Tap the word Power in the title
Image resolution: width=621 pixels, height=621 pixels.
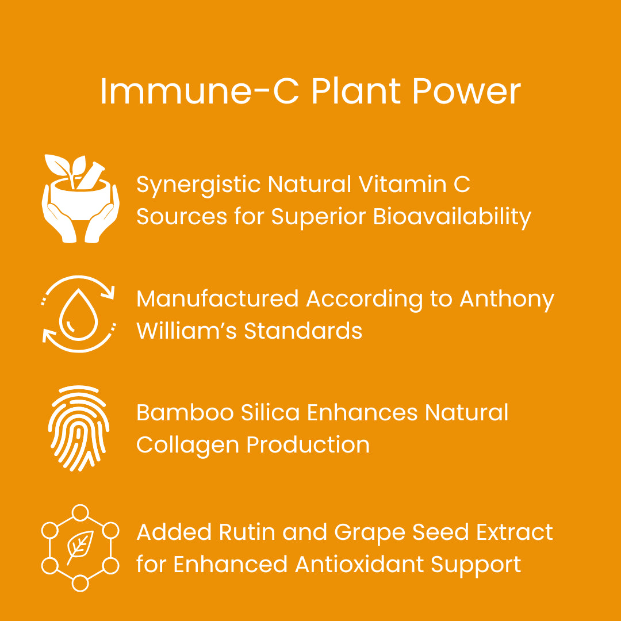click(466, 91)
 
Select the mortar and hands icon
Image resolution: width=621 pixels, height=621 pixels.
click(80, 198)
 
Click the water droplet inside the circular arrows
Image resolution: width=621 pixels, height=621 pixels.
click(78, 315)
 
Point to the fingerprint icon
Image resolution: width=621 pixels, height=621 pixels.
click(78, 428)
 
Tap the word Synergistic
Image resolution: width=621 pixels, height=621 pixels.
click(198, 185)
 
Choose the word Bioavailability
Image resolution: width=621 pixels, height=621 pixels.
click(452, 217)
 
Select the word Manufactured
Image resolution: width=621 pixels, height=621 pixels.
click(217, 298)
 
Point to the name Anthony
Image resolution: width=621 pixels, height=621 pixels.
click(507, 300)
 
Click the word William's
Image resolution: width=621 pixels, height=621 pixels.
click(186, 331)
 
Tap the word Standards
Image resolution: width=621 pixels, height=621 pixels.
click(303, 331)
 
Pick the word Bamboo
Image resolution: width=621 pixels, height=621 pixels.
click(185, 413)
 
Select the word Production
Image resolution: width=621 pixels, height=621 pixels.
click(308, 444)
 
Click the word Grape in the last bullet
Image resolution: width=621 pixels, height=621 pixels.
click(370, 533)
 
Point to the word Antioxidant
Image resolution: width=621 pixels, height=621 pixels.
click(359, 565)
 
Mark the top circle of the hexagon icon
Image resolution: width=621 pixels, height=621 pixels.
click(80, 512)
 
